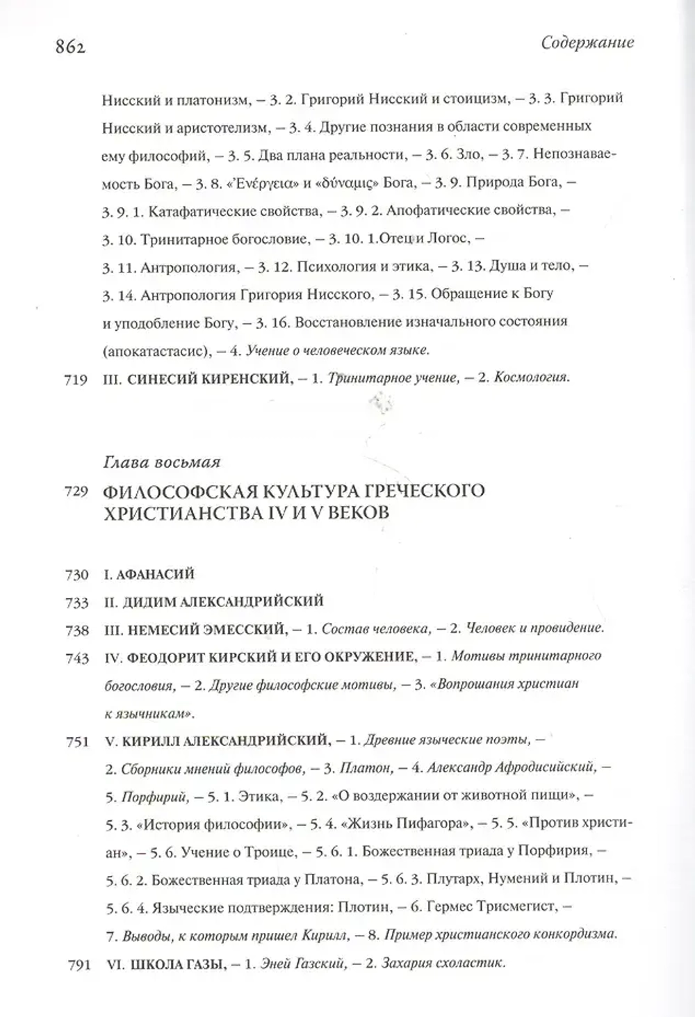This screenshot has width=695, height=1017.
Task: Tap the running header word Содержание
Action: (587, 42)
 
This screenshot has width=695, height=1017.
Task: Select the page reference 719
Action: (75, 380)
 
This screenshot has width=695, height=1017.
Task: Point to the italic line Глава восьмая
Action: (161, 462)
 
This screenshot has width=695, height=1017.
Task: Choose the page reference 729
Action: (76, 491)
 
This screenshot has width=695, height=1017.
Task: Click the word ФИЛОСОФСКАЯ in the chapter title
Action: (175, 491)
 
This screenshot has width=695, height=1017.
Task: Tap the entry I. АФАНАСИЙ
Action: (148, 574)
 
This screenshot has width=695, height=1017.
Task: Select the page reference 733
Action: (76, 603)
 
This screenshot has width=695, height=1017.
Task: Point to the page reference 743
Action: (76, 658)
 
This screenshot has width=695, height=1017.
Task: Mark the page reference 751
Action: (76, 742)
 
